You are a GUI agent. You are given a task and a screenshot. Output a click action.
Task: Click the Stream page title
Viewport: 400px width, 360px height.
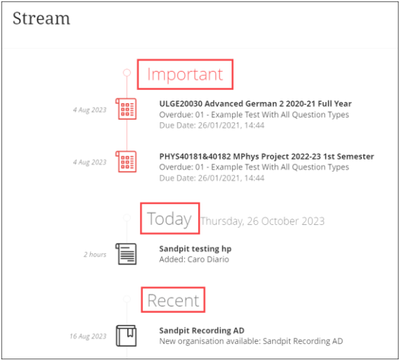41,18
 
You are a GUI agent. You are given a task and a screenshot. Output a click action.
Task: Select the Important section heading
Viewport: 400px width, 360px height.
185,75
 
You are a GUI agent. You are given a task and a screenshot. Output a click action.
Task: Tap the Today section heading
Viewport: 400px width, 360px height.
169,219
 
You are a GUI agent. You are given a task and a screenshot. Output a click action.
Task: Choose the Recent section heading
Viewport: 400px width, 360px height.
173,300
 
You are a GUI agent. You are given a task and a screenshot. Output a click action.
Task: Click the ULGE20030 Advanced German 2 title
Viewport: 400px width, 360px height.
255,103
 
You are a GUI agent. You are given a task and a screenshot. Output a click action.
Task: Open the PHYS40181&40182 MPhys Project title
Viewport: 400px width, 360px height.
266,156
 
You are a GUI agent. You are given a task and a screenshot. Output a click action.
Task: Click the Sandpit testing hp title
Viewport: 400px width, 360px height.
195,249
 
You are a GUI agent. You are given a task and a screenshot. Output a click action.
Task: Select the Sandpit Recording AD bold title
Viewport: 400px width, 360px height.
202,330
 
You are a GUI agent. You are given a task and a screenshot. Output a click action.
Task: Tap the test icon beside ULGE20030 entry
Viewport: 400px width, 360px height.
126,109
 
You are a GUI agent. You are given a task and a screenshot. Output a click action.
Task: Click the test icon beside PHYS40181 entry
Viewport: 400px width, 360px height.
126,162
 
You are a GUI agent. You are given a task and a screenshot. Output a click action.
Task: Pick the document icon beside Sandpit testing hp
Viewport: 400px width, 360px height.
126,254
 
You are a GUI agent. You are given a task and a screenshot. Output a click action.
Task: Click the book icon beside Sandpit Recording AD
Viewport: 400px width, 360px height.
127,336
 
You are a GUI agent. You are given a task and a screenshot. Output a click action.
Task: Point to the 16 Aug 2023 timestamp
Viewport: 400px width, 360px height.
88,336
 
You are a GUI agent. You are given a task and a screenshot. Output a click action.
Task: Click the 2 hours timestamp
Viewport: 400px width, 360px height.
95,255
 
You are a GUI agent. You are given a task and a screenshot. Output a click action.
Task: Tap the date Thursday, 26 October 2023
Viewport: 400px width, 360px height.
262,221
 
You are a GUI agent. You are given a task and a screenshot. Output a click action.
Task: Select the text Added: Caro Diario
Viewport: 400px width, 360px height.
194,259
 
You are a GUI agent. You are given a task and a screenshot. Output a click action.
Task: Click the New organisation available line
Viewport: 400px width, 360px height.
251,341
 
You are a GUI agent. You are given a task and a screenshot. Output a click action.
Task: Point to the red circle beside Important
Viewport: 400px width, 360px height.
127,72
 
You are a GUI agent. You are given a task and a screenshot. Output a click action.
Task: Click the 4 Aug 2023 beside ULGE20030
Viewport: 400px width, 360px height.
89,110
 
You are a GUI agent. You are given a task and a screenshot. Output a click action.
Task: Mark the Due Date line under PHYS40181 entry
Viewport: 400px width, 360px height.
212,178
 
